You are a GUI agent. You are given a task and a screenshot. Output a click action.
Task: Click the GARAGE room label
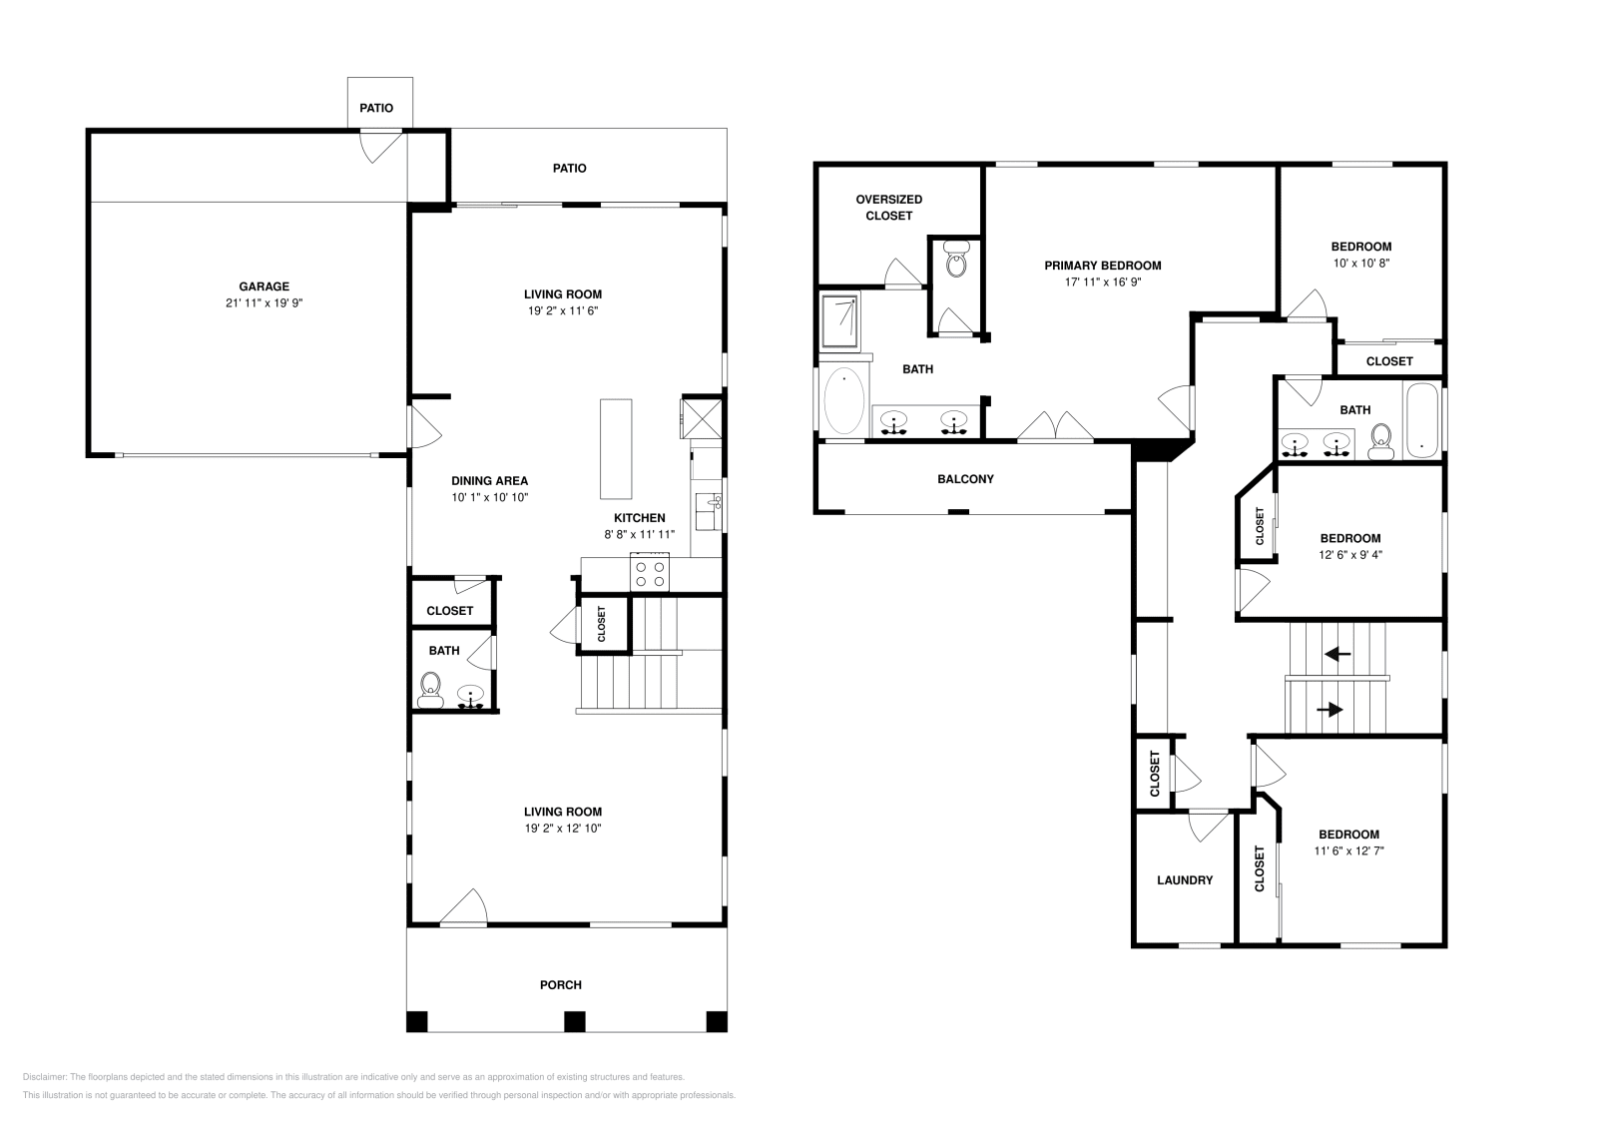[264, 286]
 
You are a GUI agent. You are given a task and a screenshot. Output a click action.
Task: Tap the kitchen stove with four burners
[650, 574]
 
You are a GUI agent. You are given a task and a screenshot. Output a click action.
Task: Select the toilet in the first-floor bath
[431, 687]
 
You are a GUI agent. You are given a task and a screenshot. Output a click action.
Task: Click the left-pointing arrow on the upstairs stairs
[1337, 655]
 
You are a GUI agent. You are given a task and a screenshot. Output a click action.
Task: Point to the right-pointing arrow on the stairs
[1330, 710]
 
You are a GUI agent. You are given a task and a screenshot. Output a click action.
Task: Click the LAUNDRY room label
[1185, 879]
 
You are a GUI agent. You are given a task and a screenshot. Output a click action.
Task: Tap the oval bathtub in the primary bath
[844, 400]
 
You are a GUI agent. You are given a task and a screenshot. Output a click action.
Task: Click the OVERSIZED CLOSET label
[888, 207]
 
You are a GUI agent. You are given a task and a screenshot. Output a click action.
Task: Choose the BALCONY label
[965, 479]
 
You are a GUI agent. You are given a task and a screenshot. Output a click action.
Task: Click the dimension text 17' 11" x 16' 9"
[1102, 282]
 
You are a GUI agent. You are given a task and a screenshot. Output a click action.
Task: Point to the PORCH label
[560, 984]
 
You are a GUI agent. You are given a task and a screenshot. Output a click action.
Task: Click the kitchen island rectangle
[616, 448]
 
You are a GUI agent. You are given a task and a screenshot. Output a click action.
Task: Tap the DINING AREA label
[489, 480]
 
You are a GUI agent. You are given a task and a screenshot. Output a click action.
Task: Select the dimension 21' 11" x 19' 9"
[264, 302]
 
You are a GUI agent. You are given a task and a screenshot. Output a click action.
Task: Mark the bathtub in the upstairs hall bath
[1421, 420]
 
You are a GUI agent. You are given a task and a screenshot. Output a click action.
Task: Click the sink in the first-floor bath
[470, 696]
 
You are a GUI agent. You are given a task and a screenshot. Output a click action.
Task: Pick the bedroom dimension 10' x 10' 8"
[1361, 264]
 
